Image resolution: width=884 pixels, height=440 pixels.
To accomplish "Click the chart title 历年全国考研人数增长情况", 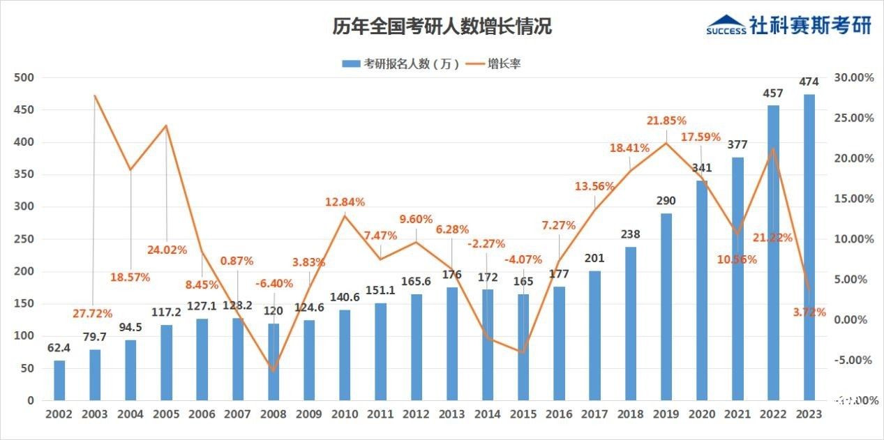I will [x=442, y=27].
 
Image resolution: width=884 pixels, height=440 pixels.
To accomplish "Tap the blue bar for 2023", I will [x=809, y=248].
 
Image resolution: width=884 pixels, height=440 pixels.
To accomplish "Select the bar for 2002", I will [x=59, y=380].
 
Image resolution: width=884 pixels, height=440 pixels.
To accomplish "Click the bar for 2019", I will [x=666, y=307].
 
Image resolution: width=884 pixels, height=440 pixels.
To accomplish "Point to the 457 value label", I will [x=773, y=93].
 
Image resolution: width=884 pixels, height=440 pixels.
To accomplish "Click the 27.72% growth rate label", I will [x=92, y=314].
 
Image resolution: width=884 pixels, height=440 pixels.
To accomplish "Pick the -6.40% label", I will [x=274, y=283].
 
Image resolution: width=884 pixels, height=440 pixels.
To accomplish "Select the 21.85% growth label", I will [x=666, y=121].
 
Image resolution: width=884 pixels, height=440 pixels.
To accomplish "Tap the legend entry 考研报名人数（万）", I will [x=401, y=63].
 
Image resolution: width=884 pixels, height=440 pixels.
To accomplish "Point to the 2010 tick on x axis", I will [x=345, y=414].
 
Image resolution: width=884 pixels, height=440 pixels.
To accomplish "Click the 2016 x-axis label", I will [x=559, y=414].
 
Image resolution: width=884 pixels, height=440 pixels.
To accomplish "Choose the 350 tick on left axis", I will [x=24, y=174].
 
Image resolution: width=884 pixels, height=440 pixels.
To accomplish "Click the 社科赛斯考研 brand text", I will [x=811, y=24].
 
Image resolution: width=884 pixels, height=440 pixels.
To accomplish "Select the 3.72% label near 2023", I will [x=809, y=312].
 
